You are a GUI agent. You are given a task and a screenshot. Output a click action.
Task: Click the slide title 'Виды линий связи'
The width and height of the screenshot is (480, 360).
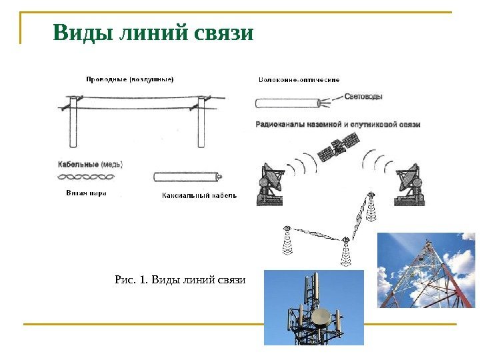click(x=153, y=33)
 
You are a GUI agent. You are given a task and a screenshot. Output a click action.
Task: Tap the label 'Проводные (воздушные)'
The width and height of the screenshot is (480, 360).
click(x=130, y=79)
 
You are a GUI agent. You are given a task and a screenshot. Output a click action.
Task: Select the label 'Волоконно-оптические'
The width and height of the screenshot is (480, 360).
click(x=299, y=79)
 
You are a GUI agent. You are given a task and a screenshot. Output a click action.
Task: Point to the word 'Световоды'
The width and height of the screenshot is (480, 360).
click(x=364, y=97)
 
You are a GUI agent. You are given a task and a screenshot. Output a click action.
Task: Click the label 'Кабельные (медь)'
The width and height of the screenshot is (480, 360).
click(x=91, y=164)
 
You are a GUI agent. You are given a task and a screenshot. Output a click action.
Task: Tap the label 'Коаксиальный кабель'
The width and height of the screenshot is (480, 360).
click(x=199, y=196)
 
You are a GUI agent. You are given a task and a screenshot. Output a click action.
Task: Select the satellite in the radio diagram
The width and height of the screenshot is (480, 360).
click(x=339, y=147)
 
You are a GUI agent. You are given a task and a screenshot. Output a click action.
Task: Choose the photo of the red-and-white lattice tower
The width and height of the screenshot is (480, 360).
click(x=427, y=270)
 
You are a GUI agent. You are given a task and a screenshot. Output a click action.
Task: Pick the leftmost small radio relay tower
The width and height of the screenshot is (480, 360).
click(x=287, y=241)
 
